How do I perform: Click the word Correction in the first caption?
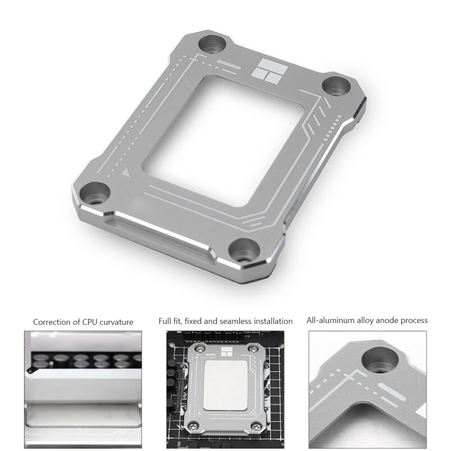click(51, 322)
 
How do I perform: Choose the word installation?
click(272, 321)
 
